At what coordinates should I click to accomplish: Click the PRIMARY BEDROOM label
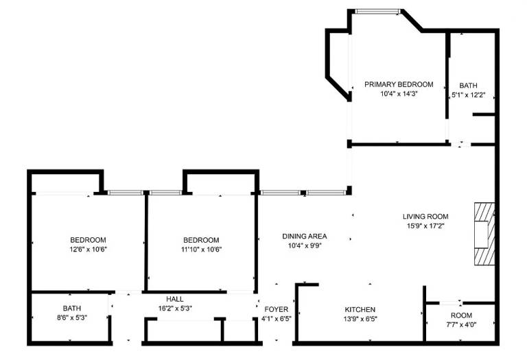[x=399, y=84]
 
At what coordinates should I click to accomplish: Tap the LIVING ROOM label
[x=425, y=217]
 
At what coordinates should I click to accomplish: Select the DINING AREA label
[x=305, y=237]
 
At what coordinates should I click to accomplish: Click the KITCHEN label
[x=360, y=310]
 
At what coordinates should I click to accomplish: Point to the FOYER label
[x=277, y=310]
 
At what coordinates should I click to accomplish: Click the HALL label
[x=175, y=299]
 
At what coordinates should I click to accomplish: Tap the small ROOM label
[x=461, y=315]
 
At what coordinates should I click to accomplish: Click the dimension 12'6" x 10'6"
[x=88, y=250]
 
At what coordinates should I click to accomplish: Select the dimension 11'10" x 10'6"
[x=201, y=250]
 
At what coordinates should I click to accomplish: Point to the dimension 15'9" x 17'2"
[x=425, y=226]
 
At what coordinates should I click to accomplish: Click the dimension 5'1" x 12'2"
[x=468, y=95]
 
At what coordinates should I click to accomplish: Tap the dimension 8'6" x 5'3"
[x=72, y=317]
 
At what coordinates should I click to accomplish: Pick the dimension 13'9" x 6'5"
[x=360, y=319]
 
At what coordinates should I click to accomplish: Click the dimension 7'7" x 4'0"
[x=461, y=325]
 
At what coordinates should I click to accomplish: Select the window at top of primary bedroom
[x=378, y=12]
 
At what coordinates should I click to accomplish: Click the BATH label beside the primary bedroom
[x=468, y=86]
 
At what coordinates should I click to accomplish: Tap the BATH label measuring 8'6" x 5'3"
[x=72, y=309]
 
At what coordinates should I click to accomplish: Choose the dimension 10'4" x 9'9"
[x=305, y=245]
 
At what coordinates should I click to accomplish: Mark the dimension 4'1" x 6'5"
[x=277, y=319]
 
